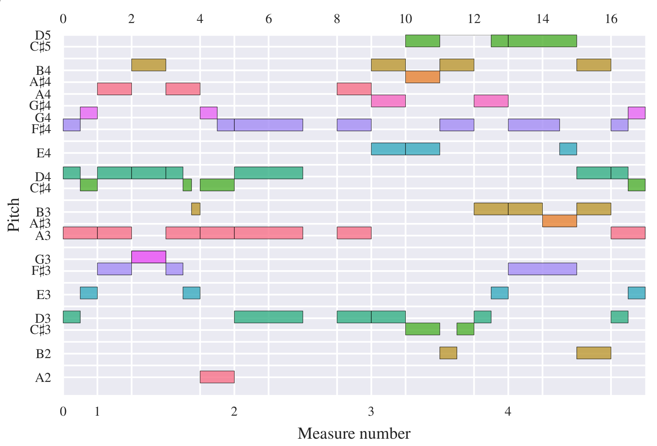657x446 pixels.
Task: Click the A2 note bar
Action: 217,377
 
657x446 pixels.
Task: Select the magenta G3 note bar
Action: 148,257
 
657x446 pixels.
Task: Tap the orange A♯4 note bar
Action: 422,77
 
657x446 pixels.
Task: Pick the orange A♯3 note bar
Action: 559,221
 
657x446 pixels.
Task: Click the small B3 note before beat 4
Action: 196,209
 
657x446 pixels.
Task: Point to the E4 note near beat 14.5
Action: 568,149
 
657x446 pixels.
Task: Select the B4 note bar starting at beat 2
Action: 148,65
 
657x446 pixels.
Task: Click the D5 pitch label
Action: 43,35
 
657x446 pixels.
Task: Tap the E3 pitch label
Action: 43,295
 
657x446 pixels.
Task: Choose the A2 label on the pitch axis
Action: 43,378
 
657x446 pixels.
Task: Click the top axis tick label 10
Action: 405,19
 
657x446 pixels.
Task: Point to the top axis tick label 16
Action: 611,19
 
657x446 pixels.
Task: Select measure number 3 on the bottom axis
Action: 371,411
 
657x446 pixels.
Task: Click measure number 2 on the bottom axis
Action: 234,411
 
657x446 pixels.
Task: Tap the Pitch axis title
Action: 13,215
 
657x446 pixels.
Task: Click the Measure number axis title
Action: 354,434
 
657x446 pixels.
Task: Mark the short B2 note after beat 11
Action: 448,353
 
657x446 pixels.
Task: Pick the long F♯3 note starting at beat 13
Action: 542,269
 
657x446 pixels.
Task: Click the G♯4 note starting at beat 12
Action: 491,101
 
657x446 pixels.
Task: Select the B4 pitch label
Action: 43,71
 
